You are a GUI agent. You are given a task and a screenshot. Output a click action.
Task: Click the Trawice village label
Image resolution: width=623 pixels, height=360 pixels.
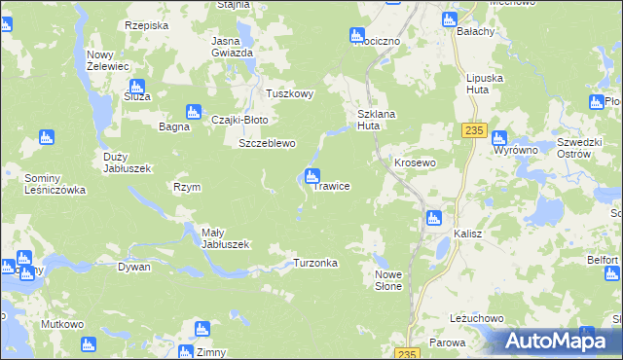coord(331,186)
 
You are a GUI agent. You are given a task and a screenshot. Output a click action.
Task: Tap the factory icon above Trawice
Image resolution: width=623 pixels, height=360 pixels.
coord(312,176)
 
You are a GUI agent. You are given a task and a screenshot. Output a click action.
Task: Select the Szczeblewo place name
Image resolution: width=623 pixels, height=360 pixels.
coord(267,143)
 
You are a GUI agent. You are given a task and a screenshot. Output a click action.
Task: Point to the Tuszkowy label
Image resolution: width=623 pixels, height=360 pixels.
coord(290,94)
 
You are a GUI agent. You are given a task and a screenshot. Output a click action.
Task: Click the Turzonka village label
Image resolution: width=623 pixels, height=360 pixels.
coord(315,264)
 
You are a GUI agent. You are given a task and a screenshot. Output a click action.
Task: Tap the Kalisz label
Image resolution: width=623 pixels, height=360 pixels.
coord(468,234)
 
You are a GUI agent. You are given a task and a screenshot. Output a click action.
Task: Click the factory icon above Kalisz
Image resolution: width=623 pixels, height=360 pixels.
coord(434,218)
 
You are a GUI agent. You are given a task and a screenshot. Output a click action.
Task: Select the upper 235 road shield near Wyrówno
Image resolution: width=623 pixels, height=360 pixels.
coord(474,131)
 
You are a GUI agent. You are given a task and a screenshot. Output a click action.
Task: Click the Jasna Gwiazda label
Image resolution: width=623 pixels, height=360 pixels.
coord(233,47)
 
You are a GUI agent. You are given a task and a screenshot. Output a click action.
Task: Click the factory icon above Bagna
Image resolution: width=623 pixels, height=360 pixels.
coord(193,112)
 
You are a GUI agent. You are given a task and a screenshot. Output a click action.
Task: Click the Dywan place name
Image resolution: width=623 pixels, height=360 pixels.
coord(134,266)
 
